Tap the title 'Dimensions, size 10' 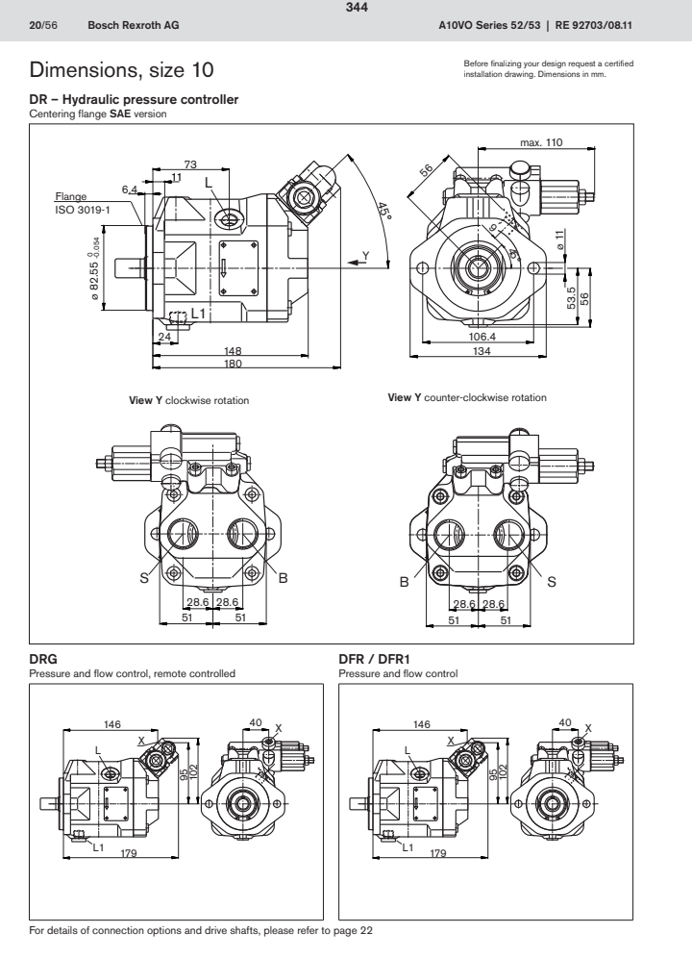click(x=121, y=70)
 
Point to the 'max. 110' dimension click(x=541, y=142)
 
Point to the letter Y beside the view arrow click(x=364, y=254)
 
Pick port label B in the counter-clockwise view click(x=405, y=582)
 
